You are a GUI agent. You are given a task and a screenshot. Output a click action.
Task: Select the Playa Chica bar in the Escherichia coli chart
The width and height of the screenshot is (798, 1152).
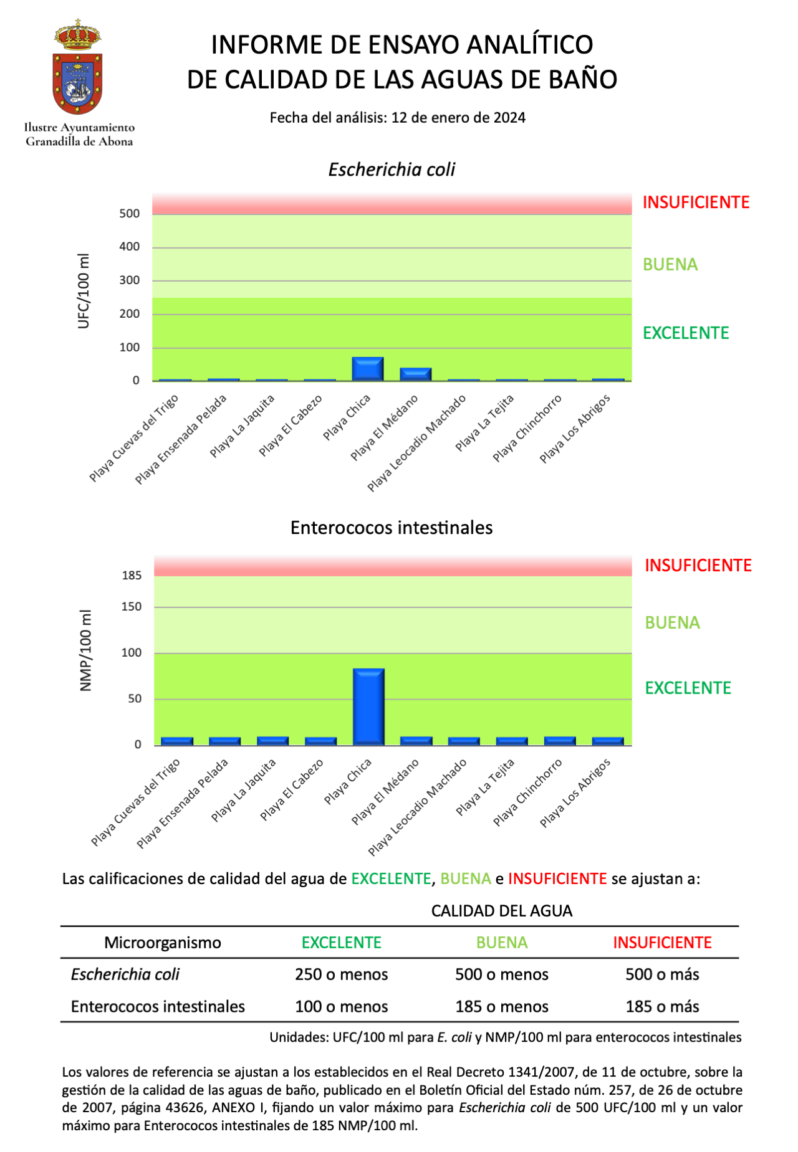[368, 369]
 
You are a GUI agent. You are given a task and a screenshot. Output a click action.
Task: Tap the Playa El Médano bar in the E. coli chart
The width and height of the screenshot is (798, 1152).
[416, 374]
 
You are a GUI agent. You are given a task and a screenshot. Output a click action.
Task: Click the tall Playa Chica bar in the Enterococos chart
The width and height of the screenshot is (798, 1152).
[368, 707]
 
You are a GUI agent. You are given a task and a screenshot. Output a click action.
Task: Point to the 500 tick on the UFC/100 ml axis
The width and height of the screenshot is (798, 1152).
[130, 214]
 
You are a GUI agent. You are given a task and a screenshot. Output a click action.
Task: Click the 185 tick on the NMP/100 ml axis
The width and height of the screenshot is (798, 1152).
[132, 576]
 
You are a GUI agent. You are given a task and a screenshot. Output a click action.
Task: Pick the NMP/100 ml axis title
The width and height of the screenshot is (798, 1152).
[86, 650]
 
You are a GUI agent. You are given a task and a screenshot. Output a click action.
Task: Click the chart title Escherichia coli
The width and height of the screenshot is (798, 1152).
[392, 169]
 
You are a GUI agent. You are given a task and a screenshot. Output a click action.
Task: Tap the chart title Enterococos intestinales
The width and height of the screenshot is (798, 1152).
[392, 528]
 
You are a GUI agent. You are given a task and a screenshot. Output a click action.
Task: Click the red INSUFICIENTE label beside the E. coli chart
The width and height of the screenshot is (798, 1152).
[696, 202]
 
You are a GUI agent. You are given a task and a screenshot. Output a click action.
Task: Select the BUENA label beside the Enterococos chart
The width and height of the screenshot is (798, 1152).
[672, 623]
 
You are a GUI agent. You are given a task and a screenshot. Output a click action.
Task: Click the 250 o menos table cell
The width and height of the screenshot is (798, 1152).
[341, 974]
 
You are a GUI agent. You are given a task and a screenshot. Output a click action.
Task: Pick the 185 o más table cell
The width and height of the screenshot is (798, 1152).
[662, 1007]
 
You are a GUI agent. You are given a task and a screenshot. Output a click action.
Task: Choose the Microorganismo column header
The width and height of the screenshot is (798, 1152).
[162, 943]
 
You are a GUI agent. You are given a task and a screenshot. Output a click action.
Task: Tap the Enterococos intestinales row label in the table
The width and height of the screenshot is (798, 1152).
[158, 1007]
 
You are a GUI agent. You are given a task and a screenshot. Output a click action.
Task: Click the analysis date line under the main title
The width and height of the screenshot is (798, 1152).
[398, 118]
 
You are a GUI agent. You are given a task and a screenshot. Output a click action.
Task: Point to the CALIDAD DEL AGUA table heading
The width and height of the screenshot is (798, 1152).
[501, 911]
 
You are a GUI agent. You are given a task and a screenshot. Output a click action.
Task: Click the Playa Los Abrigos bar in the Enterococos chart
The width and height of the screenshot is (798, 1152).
[608, 741]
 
